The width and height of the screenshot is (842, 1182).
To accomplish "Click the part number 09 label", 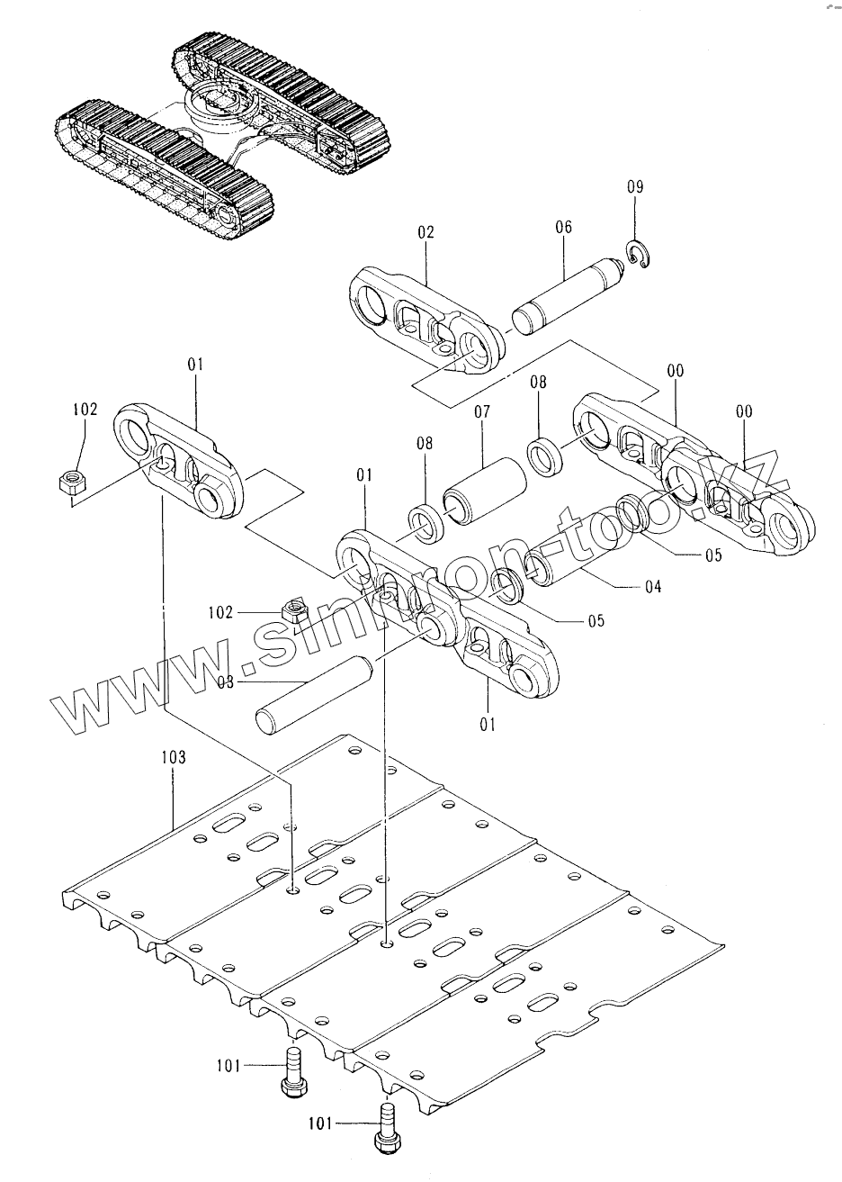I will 635,188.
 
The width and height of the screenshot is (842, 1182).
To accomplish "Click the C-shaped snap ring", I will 640,255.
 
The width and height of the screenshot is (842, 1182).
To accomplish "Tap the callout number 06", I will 563,228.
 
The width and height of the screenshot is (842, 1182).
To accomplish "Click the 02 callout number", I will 425,231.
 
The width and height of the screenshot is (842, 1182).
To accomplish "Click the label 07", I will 481,413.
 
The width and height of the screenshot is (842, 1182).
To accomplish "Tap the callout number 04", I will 652,587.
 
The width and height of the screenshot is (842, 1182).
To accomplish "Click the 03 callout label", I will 225,682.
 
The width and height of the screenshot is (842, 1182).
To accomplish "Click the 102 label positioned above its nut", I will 85,409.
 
